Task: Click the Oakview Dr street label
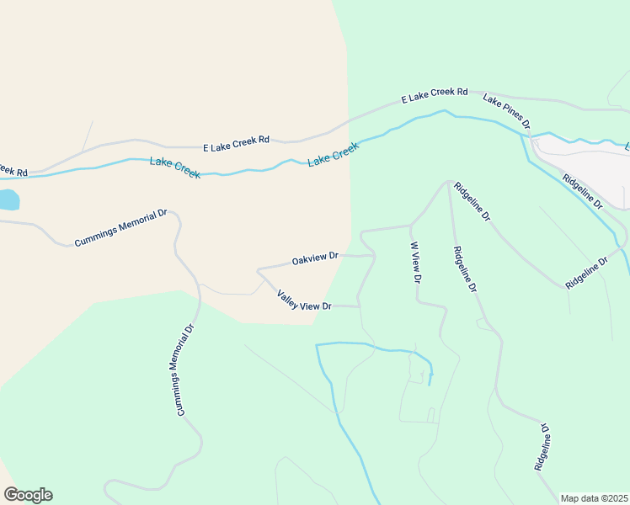(315, 258)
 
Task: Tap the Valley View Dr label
(304, 300)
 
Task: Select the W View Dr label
(414, 262)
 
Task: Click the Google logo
(28, 495)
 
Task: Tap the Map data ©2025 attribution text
(594, 498)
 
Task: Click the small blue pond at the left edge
(8, 199)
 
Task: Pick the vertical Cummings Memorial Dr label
(186, 369)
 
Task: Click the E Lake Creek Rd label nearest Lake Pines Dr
(434, 95)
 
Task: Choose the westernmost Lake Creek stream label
(175, 167)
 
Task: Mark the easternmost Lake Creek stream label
(334, 153)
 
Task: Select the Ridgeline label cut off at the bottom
(542, 446)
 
